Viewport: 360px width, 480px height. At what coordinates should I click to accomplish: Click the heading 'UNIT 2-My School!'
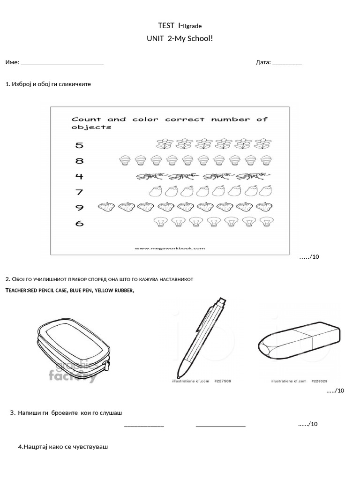[x=180, y=37]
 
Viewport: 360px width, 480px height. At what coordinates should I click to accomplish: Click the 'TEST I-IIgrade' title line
[x=180, y=25]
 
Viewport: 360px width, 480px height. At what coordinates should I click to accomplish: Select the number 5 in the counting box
[x=79, y=145]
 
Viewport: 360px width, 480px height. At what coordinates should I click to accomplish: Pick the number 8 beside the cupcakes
[x=79, y=161]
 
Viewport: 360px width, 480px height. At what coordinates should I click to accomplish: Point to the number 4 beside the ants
[x=79, y=177]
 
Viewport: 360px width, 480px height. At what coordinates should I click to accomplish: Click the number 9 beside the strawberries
[x=79, y=207]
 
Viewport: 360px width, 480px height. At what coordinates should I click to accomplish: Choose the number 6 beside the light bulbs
[x=79, y=224]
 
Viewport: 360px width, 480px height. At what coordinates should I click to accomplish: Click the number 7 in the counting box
[x=79, y=192]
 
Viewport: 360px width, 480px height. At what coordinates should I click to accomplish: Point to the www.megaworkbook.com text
[x=170, y=248]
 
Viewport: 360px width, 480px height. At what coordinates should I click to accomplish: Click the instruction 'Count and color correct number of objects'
[x=169, y=123]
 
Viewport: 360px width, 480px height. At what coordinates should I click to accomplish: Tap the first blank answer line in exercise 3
[x=144, y=426]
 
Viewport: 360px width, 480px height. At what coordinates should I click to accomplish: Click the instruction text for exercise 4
[x=63, y=447]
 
